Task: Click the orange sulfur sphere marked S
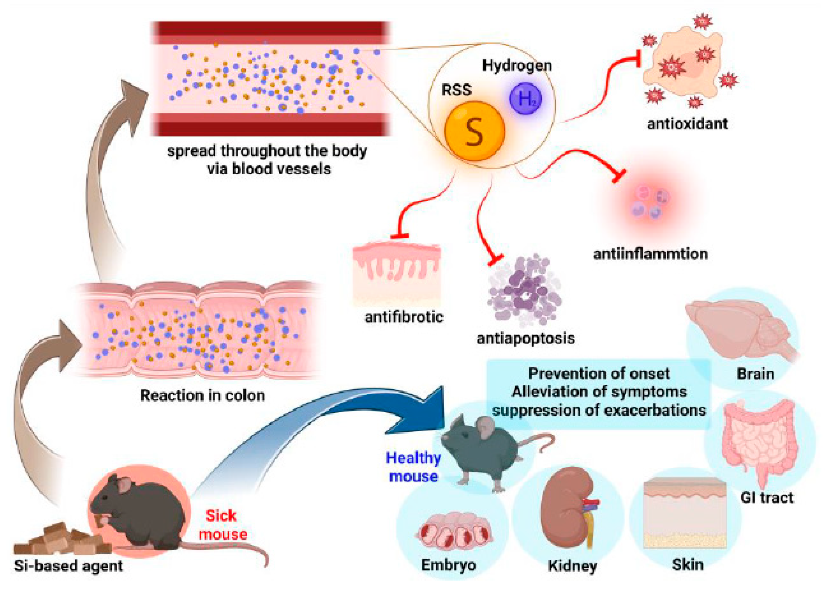tap(474, 131)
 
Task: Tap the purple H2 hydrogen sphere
tap(525, 98)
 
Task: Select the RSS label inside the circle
tap(456, 89)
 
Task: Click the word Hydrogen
tap(516, 65)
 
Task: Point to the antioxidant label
tap(687, 124)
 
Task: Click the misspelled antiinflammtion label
tap(650, 254)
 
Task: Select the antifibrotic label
tap(404, 317)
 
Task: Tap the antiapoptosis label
tap(526, 338)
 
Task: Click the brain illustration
tap(738, 331)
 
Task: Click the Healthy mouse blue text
tap(413, 467)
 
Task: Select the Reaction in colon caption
tap(202, 395)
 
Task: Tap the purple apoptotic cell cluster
tap(524, 291)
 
